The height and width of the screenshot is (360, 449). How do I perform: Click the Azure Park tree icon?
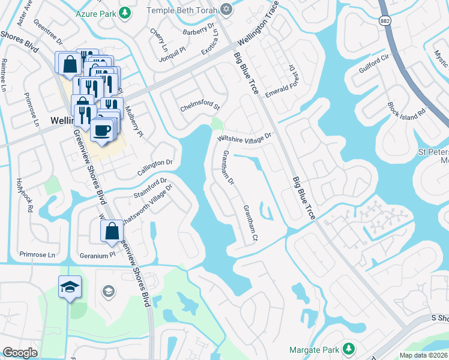pyautogui.click(x=124, y=12)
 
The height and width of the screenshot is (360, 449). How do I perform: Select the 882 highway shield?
pyautogui.click(x=385, y=20)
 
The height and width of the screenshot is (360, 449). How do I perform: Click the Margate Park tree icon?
pyautogui.click(x=348, y=349)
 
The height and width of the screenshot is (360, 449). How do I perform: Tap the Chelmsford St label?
pyautogui.click(x=200, y=109)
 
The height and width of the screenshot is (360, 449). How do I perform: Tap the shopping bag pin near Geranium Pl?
pyautogui.click(x=112, y=231)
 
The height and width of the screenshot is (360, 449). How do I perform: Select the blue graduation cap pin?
pyautogui.click(x=70, y=287)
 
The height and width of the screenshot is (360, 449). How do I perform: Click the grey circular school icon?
pyautogui.click(x=108, y=292)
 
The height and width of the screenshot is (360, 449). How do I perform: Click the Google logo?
pyautogui.click(x=20, y=352)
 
